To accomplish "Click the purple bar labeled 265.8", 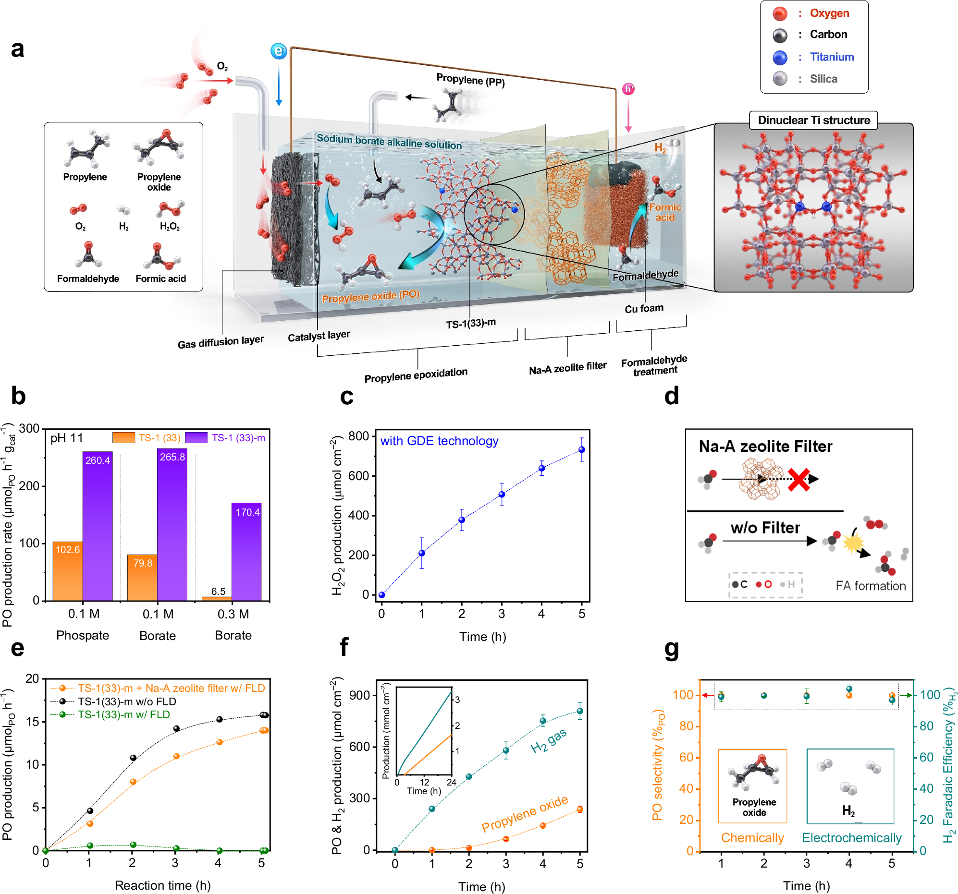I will click(172, 525).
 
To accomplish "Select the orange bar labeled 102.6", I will click(67, 571).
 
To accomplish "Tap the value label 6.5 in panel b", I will click(218, 591).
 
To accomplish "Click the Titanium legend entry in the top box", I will click(831, 57).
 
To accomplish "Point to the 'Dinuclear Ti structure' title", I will click(813, 120).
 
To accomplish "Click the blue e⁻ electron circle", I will click(279, 50).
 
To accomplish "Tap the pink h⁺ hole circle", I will click(628, 89).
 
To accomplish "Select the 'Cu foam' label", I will click(644, 308).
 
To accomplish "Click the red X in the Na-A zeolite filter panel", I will click(798, 480).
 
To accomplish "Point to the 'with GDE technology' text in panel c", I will click(439, 441).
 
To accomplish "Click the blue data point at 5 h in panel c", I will click(582, 449).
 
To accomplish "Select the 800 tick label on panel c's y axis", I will click(358, 436).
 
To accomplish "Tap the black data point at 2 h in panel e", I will click(133, 758).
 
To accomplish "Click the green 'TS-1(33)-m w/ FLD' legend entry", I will click(123, 714).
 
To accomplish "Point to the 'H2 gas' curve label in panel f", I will click(548, 740).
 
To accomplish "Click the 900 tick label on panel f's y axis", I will click(359, 695).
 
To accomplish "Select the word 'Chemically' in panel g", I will click(752, 838).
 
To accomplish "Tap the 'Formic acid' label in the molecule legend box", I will click(160, 278).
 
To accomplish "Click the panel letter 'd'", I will click(671, 396).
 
